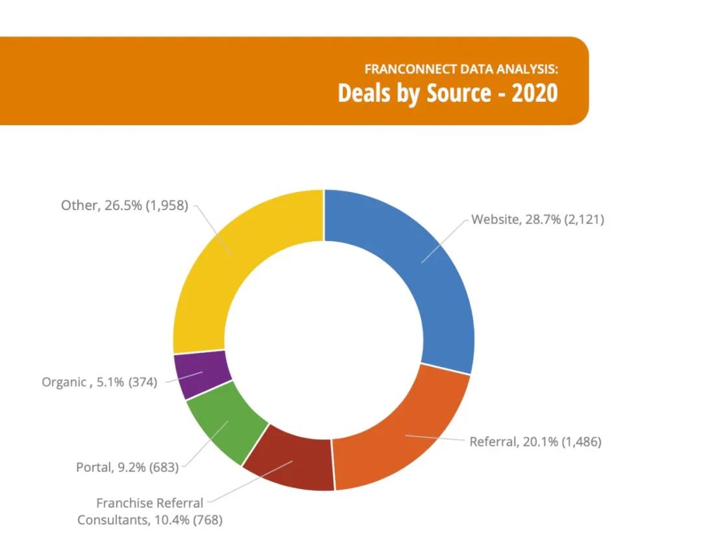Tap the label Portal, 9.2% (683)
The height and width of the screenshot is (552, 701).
127,467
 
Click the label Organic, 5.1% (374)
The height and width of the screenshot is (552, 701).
99,382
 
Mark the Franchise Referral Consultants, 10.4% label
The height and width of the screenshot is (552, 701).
150,511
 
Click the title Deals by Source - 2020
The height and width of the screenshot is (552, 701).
447,93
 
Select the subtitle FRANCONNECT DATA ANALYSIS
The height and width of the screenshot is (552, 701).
460,68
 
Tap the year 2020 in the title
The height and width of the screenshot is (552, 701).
534,93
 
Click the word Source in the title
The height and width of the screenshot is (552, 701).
458,93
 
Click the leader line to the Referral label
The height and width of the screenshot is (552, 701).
435,438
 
